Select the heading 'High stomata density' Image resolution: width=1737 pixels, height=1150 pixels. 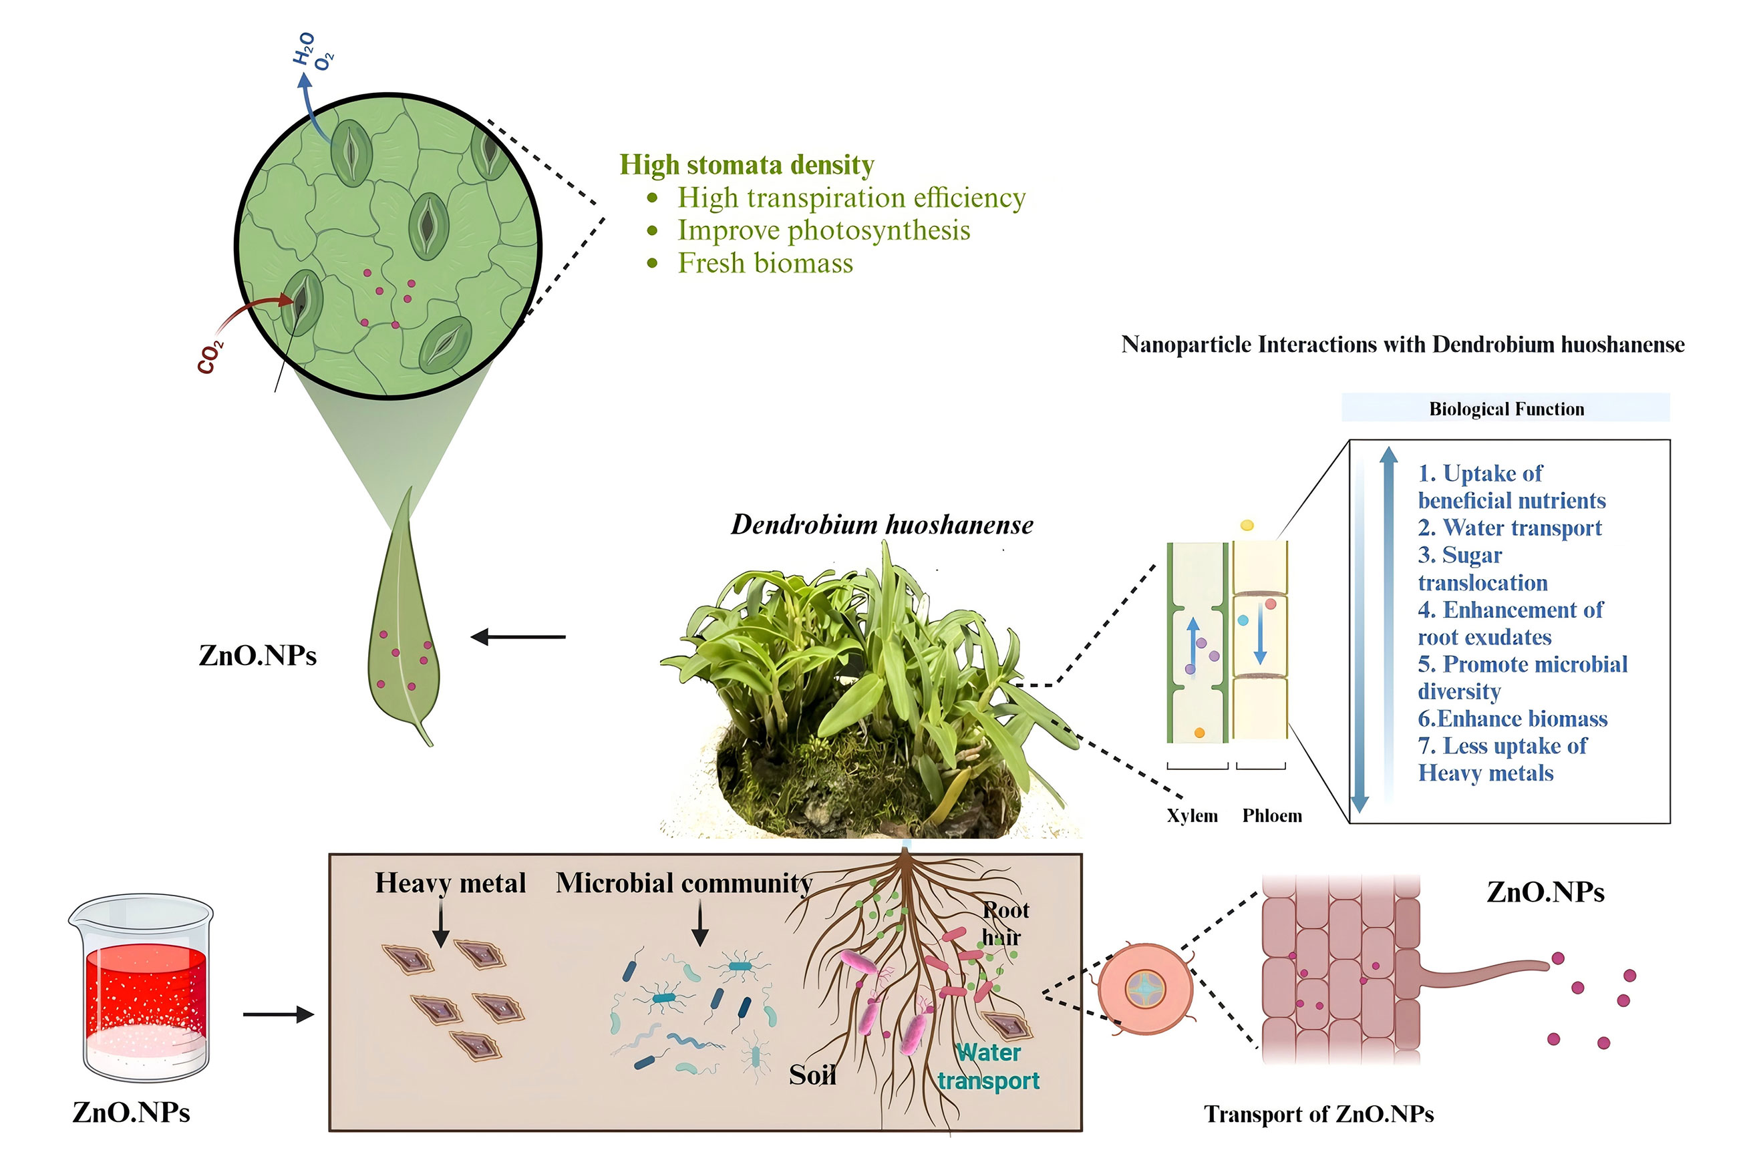pos(746,164)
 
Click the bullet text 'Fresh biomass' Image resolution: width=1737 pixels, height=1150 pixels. pos(764,262)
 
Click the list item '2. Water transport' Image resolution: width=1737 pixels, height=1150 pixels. pos(1509,528)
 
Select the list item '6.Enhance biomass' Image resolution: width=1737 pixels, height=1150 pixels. pos(1512,718)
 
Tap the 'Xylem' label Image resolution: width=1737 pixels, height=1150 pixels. pos(1191,815)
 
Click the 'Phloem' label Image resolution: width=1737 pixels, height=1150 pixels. pos(1271,815)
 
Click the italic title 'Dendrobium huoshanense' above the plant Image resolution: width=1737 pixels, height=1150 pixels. pos(882,524)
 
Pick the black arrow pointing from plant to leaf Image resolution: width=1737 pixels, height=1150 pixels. pos(518,636)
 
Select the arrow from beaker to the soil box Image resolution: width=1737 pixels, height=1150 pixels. pos(278,1014)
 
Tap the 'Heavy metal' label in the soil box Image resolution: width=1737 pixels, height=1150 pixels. pos(450,882)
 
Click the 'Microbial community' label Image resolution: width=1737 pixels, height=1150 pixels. pos(683,882)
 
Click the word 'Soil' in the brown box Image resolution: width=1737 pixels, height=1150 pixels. pos(811,1075)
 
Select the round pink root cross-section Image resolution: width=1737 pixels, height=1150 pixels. pos(1144,988)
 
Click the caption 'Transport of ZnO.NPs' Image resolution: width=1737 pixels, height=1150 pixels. pos(1317,1113)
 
